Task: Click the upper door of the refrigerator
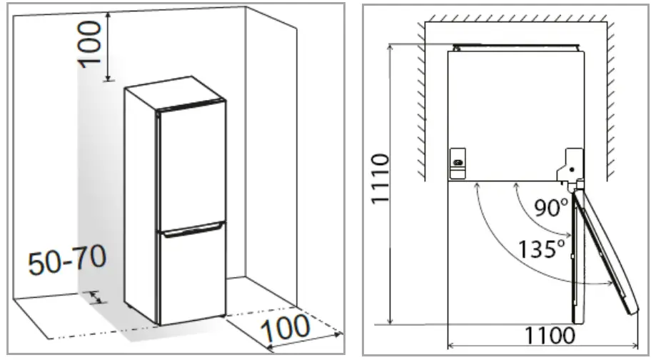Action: [191, 168]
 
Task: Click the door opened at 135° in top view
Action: [606, 250]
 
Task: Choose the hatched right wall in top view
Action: [612, 100]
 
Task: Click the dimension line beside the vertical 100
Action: [107, 45]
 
